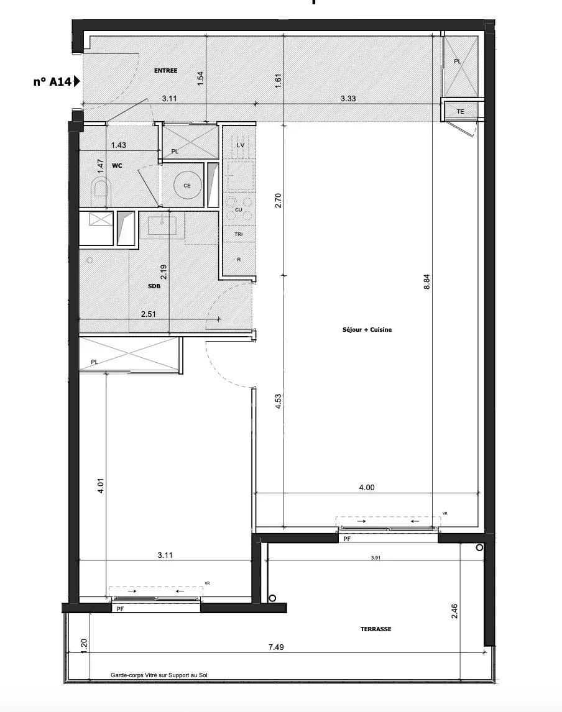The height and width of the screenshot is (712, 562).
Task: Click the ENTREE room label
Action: pos(166,71)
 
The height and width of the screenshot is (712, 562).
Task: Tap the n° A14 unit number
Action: pos(52,81)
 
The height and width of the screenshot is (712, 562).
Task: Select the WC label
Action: pos(117,167)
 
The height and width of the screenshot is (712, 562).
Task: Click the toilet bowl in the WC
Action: pos(99,188)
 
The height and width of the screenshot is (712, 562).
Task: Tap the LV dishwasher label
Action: pos(240,145)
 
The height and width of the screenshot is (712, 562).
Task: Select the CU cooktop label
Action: pos(238,210)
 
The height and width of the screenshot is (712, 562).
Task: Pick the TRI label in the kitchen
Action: pos(238,234)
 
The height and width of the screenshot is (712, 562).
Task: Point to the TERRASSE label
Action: pos(375,629)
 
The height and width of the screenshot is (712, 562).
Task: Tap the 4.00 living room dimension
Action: pos(367,488)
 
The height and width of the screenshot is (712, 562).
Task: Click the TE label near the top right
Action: pos(460,112)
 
